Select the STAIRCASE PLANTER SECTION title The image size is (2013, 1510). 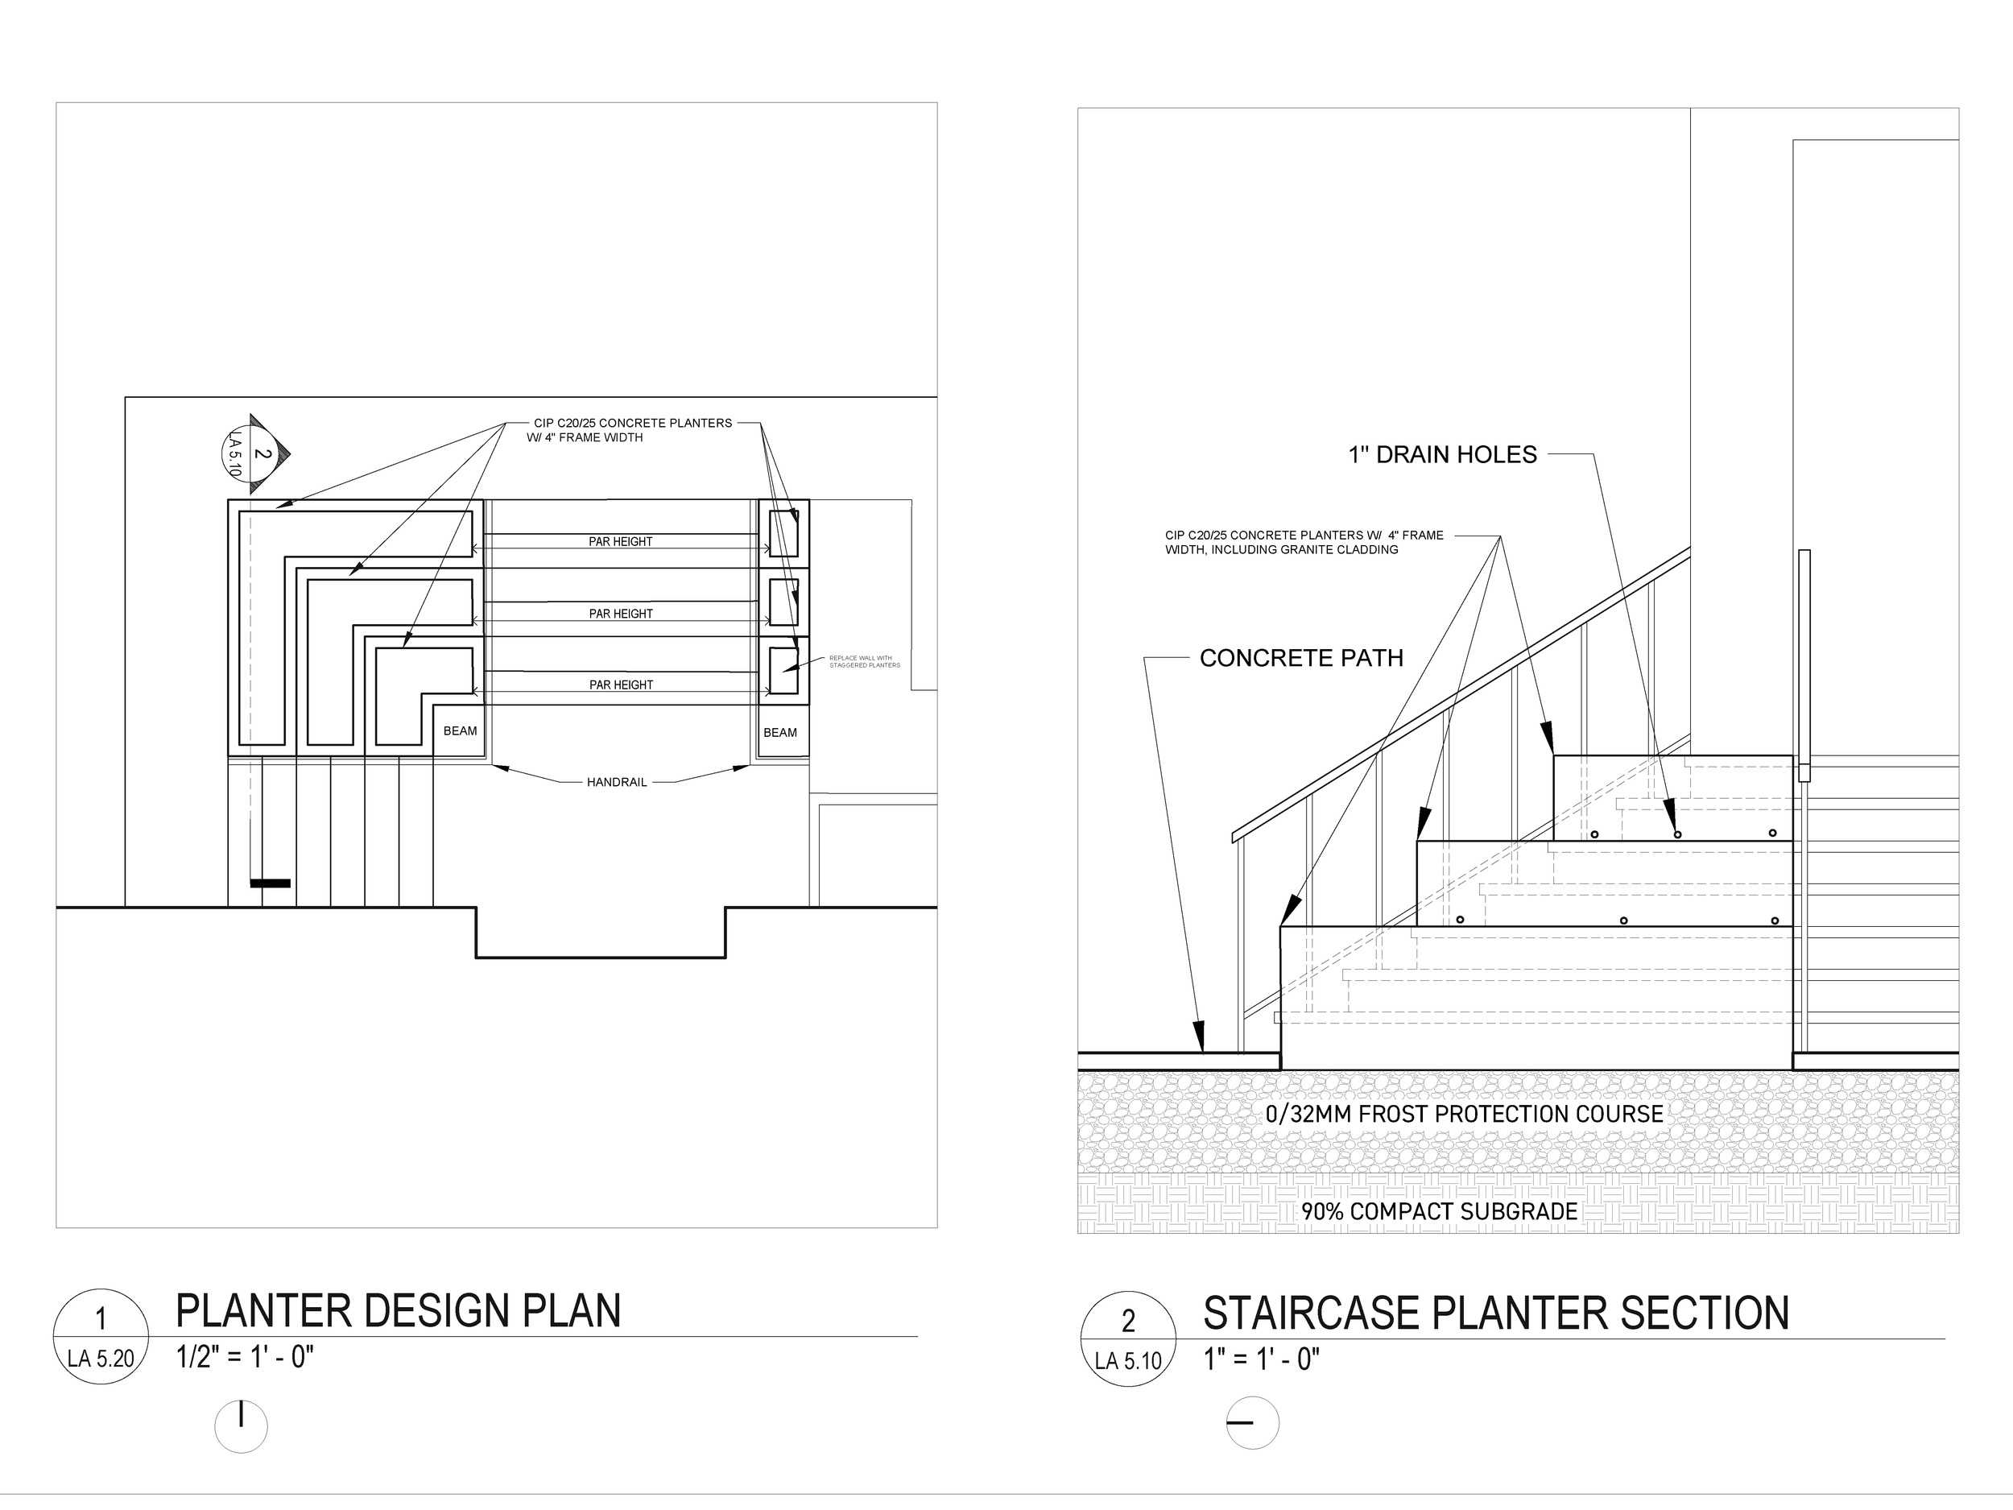tap(1495, 1313)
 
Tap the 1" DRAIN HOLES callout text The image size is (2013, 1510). tap(1442, 455)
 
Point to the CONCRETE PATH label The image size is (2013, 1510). tap(1301, 658)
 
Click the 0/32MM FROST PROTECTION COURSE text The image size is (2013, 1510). tap(1464, 1114)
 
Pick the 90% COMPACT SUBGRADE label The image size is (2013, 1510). tap(1439, 1211)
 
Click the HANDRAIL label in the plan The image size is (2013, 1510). tap(617, 782)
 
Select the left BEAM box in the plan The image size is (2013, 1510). tap(460, 731)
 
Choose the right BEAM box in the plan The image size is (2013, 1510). tap(780, 733)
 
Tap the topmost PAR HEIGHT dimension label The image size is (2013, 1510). tap(621, 541)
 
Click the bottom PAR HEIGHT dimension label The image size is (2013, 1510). tap(621, 685)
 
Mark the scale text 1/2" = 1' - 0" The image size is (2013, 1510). tap(245, 1357)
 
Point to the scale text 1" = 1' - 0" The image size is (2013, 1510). tap(1261, 1360)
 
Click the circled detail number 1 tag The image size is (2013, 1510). tap(101, 1319)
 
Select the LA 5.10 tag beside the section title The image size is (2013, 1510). tap(1128, 1362)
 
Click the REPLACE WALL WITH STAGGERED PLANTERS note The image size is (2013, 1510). tap(864, 662)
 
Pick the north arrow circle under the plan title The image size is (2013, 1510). tap(242, 1426)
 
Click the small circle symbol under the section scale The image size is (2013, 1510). tap(1252, 1423)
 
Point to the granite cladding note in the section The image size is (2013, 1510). tap(1303, 543)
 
